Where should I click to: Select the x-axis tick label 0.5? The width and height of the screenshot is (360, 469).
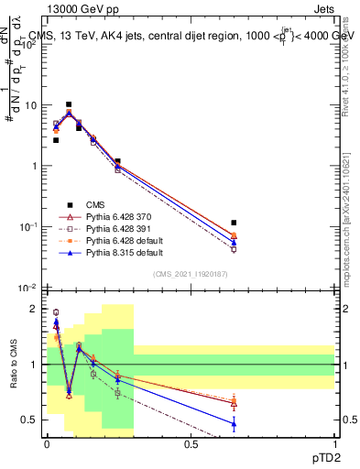pos(191,444)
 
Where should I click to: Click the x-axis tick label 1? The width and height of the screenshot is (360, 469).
pos(334,444)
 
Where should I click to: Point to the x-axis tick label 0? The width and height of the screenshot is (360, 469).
pos(47,444)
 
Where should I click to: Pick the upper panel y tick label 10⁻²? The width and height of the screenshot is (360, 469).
pos(30,288)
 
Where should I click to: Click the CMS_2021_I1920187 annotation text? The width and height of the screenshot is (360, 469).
pos(191,274)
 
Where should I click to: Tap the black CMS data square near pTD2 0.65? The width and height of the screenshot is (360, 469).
pos(234,223)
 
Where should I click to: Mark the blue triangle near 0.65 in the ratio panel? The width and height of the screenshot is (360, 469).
pos(234,423)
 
